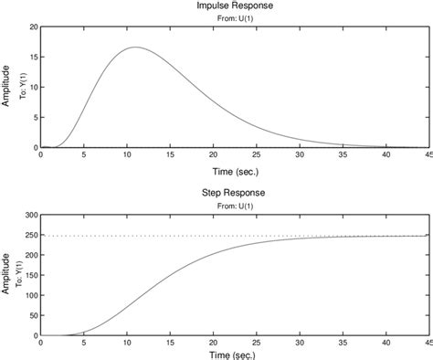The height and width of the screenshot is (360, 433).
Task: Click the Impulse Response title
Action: click(x=235, y=6)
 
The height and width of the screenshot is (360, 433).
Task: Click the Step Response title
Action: click(x=235, y=194)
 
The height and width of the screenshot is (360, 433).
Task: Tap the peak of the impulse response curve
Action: click(x=135, y=48)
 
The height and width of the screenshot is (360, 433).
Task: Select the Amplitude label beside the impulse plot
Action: click(x=6, y=86)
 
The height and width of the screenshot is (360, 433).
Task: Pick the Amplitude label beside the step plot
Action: click(x=6, y=274)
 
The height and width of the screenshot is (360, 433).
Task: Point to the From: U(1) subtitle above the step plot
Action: click(x=235, y=206)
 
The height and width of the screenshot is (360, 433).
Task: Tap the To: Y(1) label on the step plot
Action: click(x=18, y=274)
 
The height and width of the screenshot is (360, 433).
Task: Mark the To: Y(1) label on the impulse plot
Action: click(x=18, y=86)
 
